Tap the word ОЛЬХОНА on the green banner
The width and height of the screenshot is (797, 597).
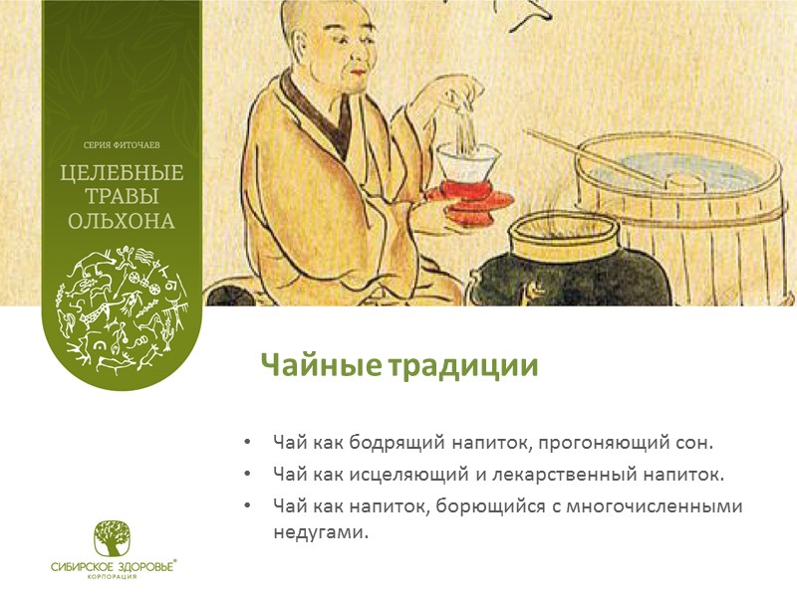tap(121, 220)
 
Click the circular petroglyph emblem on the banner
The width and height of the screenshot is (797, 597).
tap(121, 304)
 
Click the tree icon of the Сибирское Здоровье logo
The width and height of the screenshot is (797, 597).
tap(115, 538)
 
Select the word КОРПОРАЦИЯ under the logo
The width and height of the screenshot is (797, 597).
tap(115, 576)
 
